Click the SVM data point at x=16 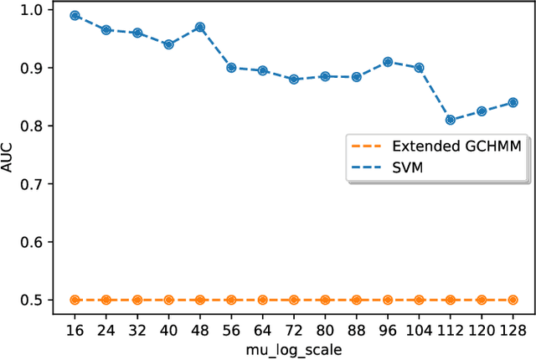pyautogui.click(x=75, y=15)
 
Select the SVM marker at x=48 pyautogui.click(x=199, y=27)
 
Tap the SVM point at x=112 pyautogui.click(x=450, y=120)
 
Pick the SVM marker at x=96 pyautogui.click(x=388, y=61)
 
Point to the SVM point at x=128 pyautogui.click(x=513, y=102)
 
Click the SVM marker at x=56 pyautogui.click(x=231, y=68)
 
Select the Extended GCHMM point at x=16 pyautogui.click(x=75, y=299)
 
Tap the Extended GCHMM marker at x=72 pyautogui.click(x=294, y=299)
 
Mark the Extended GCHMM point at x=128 pyautogui.click(x=513, y=299)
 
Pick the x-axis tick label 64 pyautogui.click(x=262, y=327)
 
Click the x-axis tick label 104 pyautogui.click(x=419, y=327)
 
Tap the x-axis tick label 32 pyautogui.click(x=137, y=327)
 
